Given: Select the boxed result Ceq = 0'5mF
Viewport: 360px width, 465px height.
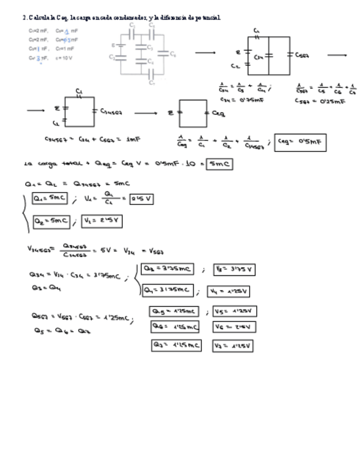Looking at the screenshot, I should (300, 143).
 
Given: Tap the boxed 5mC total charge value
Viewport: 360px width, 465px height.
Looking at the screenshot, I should (219, 164).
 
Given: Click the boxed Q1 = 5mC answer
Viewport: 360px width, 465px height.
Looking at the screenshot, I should (50, 198).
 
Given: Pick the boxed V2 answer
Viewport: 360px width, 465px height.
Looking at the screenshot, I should (102, 221).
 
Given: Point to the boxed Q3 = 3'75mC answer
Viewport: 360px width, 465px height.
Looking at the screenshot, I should (167, 269).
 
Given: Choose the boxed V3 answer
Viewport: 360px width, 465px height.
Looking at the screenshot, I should (234, 270).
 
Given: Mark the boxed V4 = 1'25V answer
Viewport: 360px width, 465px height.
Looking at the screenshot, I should (228, 291).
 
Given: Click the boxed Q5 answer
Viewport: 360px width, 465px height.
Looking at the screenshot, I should (173, 311).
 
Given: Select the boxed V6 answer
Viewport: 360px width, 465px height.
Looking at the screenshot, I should (234, 327).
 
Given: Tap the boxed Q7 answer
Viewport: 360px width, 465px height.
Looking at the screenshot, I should (176, 345).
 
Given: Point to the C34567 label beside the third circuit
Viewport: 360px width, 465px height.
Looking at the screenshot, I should (111, 112).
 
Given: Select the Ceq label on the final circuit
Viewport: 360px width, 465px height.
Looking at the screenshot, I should (218, 113).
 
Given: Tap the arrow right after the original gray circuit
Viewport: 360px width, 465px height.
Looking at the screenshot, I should (205, 53).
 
